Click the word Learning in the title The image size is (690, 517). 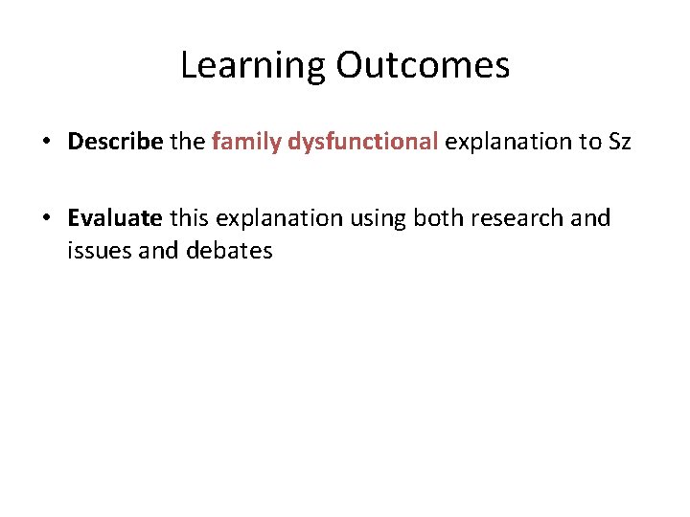point(253,66)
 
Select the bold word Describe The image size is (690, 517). point(115,143)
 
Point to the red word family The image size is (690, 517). point(246,143)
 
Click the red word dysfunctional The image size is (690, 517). point(362,143)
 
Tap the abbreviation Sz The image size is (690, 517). point(619,143)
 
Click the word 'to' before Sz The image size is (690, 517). point(587,143)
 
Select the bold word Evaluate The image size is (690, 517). point(115,218)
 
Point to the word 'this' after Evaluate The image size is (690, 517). point(190,218)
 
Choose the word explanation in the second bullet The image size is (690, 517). point(280,218)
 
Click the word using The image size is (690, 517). point(379,218)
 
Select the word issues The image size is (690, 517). point(94,251)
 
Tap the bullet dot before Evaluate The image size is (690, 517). point(47,219)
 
